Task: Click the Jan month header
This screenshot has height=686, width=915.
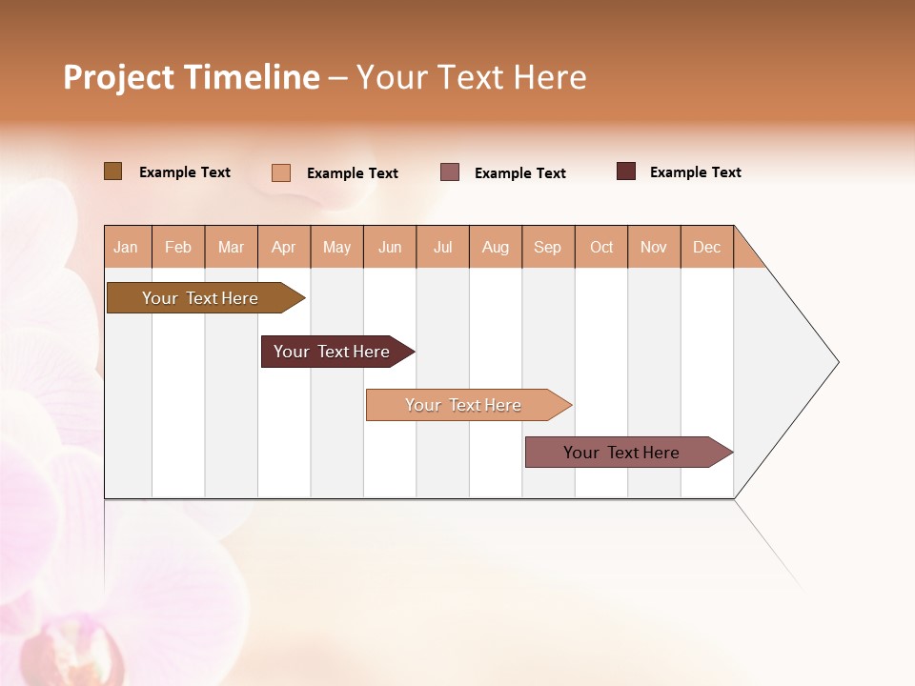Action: click(x=126, y=247)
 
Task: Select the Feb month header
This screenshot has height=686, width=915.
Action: click(x=178, y=247)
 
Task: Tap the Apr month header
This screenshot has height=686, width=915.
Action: click(x=284, y=247)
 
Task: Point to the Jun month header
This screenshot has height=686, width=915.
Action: click(x=390, y=247)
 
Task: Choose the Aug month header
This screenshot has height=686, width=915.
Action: click(x=496, y=247)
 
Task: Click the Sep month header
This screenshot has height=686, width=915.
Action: click(x=548, y=247)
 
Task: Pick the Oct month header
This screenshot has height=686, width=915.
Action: click(x=601, y=247)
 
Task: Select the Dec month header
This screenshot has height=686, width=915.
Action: click(x=707, y=247)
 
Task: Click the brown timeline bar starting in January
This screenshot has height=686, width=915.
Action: click(x=200, y=298)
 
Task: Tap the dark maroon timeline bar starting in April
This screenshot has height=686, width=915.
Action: click(x=332, y=352)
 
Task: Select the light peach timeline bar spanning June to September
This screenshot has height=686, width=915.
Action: click(x=463, y=405)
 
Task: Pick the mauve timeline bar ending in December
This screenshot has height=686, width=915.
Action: click(x=621, y=453)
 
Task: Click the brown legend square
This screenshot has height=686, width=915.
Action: click(x=112, y=171)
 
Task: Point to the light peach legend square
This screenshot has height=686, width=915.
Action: click(x=280, y=172)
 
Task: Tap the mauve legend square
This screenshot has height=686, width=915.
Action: click(x=450, y=172)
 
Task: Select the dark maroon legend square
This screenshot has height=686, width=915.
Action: click(x=625, y=171)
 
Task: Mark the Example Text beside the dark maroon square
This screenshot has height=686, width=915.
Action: click(x=695, y=172)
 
